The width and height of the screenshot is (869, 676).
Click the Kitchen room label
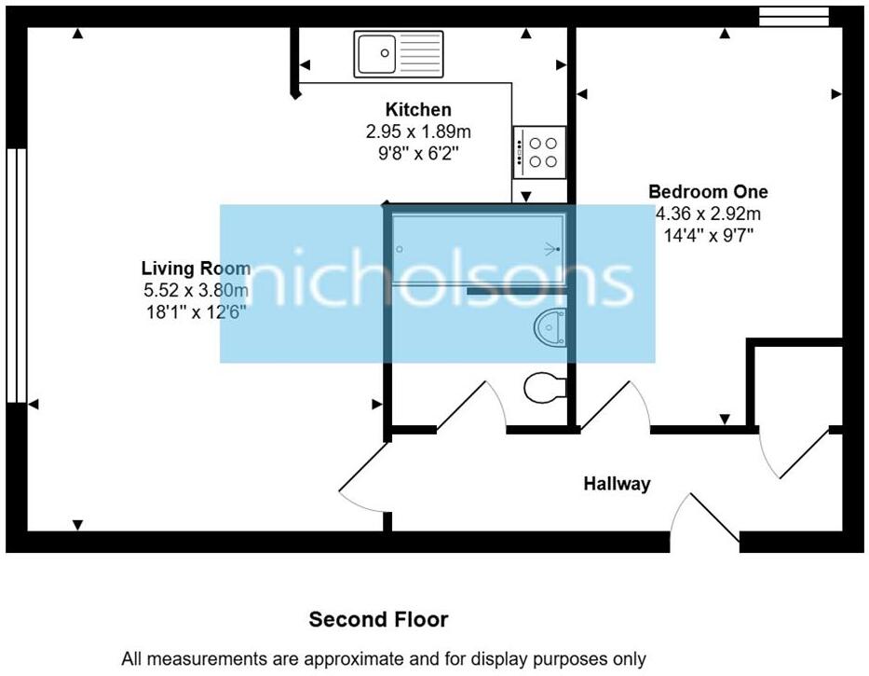[418, 109]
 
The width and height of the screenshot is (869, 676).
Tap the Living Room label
[197, 269]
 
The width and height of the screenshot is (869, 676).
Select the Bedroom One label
[708, 191]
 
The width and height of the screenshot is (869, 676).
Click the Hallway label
[617, 483]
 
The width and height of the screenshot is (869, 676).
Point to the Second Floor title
[378, 619]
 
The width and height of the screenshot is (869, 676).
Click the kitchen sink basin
[377, 54]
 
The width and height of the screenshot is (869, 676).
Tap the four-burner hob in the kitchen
[540, 152]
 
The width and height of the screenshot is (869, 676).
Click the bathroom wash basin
[550, 328]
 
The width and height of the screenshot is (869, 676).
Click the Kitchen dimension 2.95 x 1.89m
[418, 131]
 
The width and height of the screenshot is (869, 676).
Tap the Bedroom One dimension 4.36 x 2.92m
[708, 214]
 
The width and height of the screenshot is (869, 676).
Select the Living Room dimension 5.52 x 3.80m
[197, 290]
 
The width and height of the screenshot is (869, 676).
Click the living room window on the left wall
[16, 275]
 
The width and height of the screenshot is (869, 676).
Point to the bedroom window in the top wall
[794, 17]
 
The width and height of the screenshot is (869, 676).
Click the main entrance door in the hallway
[705, 517]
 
